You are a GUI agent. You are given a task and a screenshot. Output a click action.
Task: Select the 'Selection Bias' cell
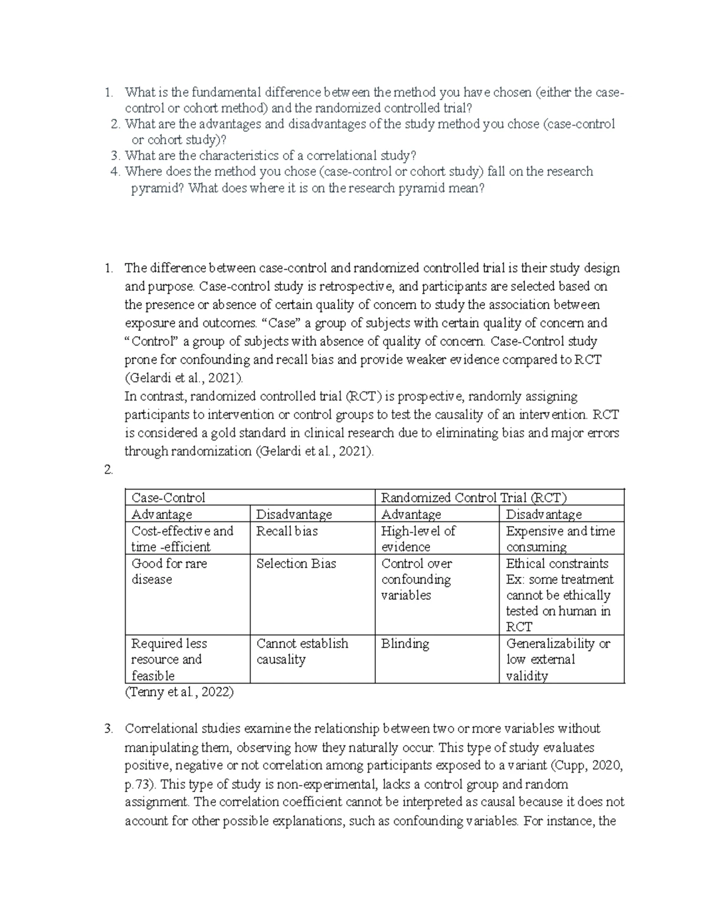296,563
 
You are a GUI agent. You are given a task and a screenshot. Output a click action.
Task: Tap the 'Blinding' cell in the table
405,644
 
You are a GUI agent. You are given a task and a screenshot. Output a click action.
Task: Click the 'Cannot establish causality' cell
302,651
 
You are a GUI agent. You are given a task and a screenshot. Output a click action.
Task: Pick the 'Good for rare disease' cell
169,571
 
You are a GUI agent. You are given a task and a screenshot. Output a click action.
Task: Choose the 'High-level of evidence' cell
418,539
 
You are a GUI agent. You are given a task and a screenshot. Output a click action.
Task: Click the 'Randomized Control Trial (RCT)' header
474,497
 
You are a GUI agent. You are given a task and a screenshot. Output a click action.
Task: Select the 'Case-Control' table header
168,497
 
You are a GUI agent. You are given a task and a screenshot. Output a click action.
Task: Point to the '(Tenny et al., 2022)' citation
179,692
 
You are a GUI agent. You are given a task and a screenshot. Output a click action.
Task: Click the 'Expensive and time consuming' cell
560,539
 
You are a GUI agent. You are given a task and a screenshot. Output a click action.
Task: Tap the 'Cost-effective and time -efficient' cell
182,539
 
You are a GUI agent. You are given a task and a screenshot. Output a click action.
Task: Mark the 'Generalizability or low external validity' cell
558,659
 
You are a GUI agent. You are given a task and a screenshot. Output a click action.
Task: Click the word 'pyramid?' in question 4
156,189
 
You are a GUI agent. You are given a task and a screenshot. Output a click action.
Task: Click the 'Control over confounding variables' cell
416,579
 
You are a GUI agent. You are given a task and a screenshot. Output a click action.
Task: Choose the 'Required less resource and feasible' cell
169,659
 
